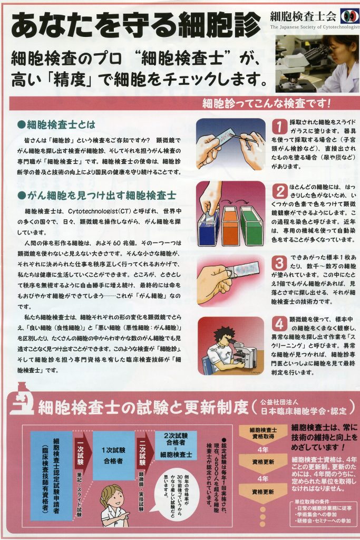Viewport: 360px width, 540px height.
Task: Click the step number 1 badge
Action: tap(279, 126)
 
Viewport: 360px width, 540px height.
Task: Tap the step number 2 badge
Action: tap(280, 191)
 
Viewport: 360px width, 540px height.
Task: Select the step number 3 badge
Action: tap(279, 263)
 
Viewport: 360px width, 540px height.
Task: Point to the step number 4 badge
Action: tap(279, 324)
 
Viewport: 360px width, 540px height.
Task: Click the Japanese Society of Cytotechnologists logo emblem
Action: tap(349, 16)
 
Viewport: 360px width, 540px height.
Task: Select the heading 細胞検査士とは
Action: tap(56, 124)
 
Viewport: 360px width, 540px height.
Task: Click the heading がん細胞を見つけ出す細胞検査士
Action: tap(96, 196)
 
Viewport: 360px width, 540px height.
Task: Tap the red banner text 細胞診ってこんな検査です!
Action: tap(266, 103)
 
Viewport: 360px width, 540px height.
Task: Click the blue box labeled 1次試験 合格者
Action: tap(113, 455)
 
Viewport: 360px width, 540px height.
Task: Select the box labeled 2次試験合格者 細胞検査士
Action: tap(176, 446)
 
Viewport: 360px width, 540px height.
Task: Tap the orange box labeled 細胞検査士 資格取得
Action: tap(263, 433)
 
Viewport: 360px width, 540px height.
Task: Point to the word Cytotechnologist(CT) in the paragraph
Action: tap(98, 211)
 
